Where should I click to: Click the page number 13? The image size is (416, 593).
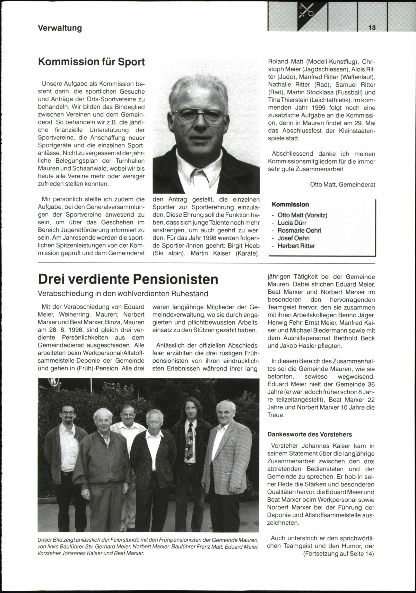click(x=372, y=28)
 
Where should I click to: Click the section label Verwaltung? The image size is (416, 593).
click(x=60, y=28)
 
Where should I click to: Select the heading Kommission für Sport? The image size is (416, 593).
click(x=91, y=62)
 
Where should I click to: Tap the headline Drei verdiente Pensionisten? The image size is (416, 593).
click(x=128, y=279)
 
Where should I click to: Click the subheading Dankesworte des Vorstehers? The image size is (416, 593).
click(x=310, y=434)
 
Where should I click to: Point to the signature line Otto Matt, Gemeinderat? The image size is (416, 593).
click(x=342, y=184)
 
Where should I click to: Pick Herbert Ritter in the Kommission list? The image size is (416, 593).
click(x=296, y=246)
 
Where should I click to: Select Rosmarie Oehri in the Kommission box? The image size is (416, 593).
click(x=299, y=231)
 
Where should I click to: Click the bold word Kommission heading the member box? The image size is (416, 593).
click(x=290, y=205)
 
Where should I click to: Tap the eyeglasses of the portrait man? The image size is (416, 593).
click(x=199, y=115)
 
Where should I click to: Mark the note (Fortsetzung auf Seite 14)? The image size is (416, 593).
click(x=339, y=554)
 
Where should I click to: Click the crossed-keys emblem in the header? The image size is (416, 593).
click(x=307, y=10)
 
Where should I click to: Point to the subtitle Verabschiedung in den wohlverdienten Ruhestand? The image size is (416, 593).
click(x=123, y=294)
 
